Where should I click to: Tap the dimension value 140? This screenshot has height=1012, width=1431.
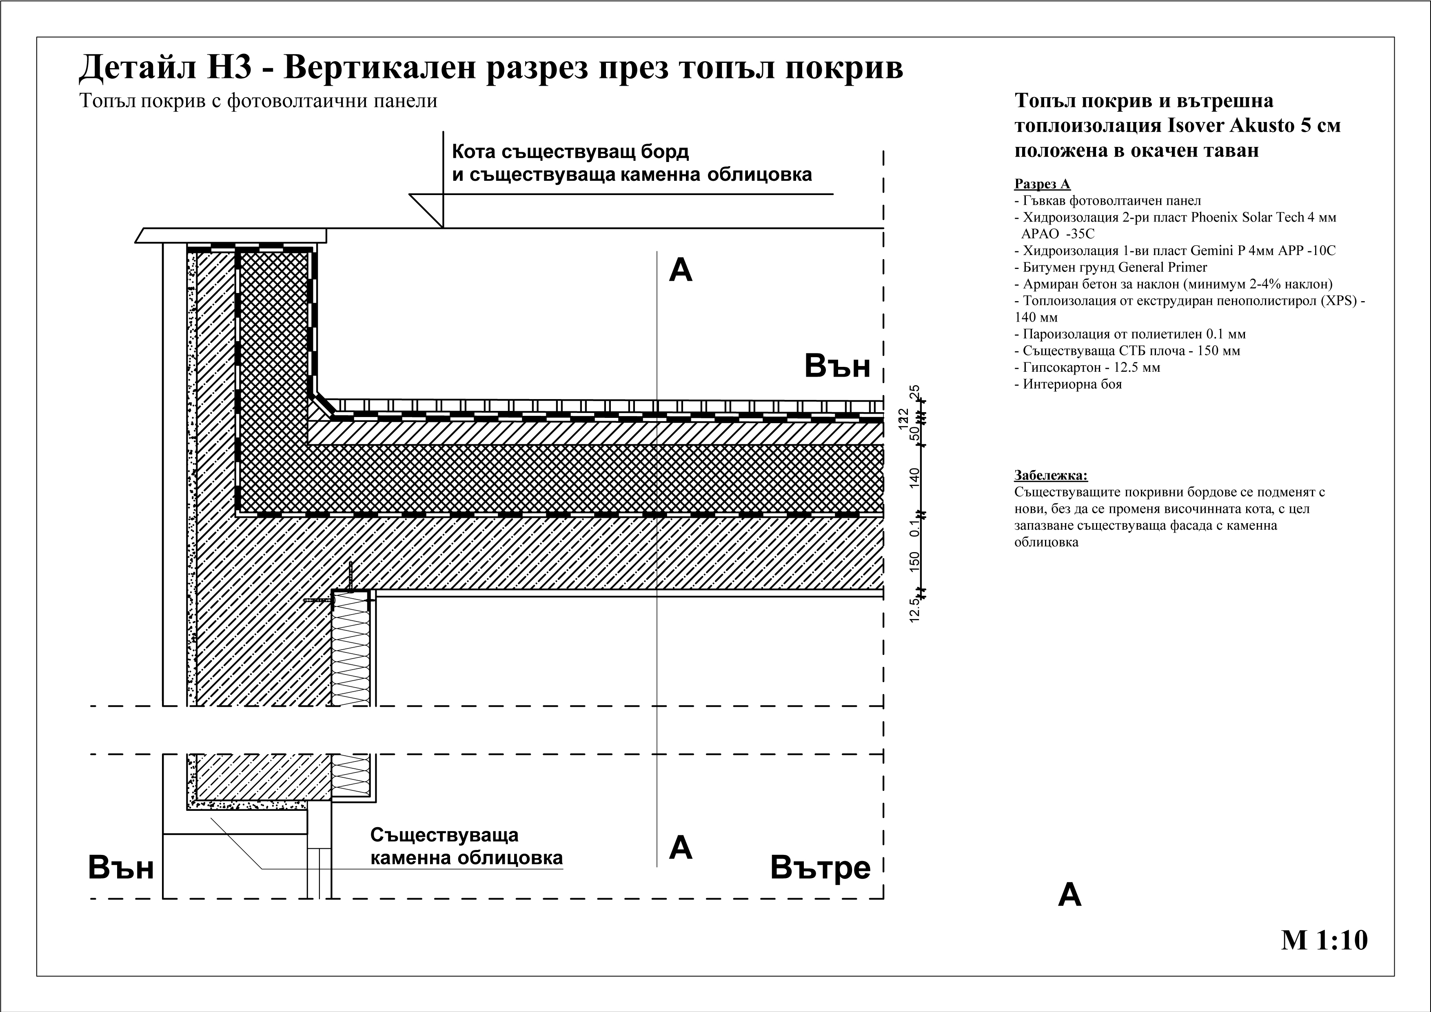[x=915, y=477]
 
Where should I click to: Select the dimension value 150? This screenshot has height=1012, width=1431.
[x=915, y=561]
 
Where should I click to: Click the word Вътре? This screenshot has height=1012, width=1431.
[x=820, y=868]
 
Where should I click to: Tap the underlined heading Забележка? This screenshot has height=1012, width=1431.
[x=1051, y=475]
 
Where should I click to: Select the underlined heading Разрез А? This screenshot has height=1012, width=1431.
[x=1042, y=184]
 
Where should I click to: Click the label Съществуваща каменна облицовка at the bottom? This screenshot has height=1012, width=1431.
[x=466, y=846]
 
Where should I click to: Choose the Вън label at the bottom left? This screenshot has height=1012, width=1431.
[x=121, y=868]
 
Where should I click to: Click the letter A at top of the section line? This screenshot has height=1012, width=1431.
[x=681, y=271]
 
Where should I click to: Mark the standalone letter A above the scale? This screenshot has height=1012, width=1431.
[x=1069, y=895]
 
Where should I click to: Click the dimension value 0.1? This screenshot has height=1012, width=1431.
[x=915, y=528]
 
